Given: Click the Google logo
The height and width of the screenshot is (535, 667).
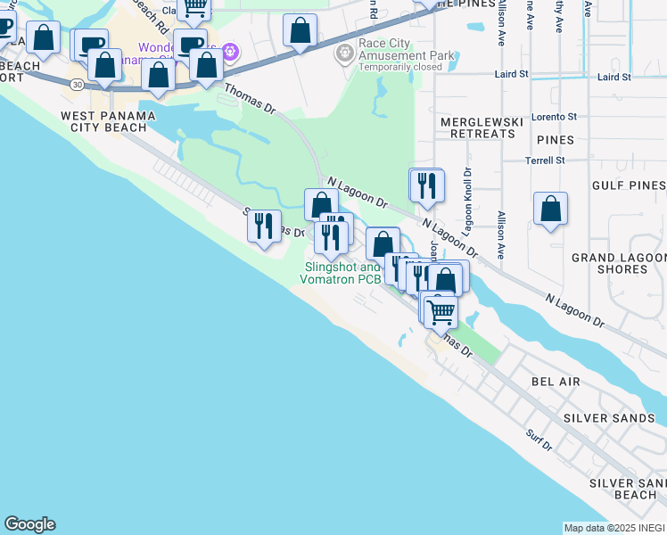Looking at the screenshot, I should [x=29, y=524].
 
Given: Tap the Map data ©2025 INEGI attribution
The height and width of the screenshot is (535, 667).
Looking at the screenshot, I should [x=614, y=528].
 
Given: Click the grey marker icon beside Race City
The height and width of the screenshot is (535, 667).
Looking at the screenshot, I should [x=344, y=54].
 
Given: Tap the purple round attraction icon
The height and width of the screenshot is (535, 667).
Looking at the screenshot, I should [x=230, y=52].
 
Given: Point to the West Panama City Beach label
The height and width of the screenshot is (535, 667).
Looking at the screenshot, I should [x=108, y=122].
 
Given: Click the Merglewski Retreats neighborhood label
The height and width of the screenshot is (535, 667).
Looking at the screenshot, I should [x=477, y=128].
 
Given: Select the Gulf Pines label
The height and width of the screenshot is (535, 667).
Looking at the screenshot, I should [x=629, y=185].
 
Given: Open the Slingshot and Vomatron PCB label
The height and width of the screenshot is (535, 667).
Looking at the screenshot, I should [x=343, y=273].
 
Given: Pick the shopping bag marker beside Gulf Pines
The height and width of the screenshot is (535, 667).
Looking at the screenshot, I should [x=551, y=209].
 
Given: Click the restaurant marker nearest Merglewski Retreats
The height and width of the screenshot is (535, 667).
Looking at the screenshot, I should [x=426, y=185].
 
